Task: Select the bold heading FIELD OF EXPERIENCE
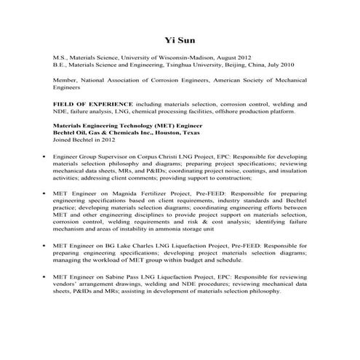tap(90, 104)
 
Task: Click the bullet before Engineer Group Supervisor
tap(45, 156)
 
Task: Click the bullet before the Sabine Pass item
tap(45, 281)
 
